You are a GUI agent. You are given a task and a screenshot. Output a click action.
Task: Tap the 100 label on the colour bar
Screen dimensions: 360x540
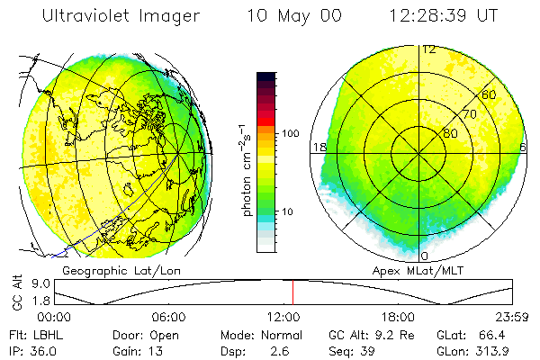(x=289, y=133)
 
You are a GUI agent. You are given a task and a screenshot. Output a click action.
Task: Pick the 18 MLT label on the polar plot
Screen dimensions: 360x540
(x=318, y=147)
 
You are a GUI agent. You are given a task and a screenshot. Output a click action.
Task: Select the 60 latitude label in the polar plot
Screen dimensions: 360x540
(x=490, y=94)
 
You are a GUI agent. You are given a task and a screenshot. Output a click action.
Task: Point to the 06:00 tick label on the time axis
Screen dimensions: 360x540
(x=169, y=318)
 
